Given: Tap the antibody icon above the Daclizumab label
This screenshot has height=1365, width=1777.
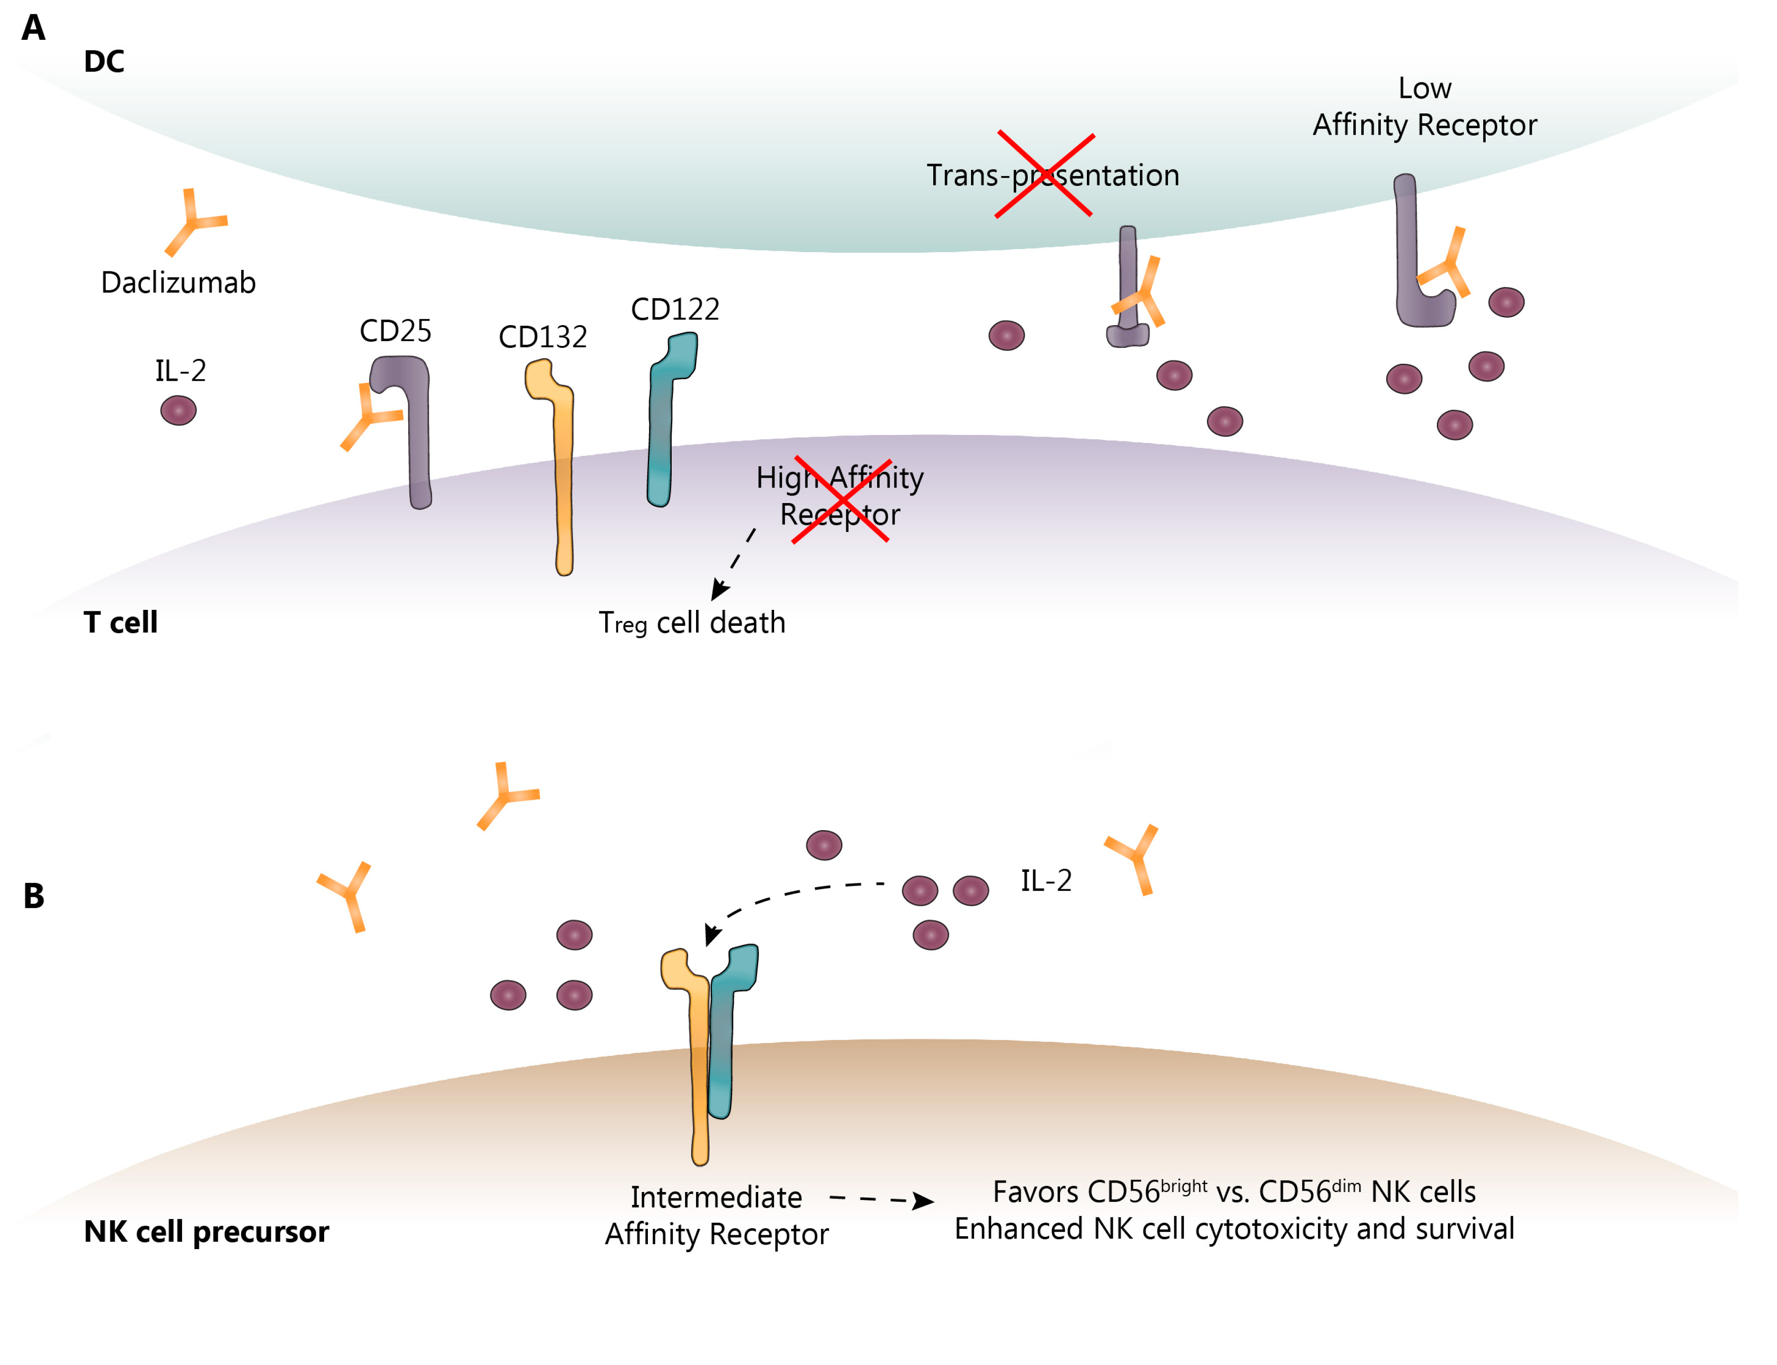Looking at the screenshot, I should click(x=193, y=221).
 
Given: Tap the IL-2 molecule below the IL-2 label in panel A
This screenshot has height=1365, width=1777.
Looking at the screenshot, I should click(x=178, y=410).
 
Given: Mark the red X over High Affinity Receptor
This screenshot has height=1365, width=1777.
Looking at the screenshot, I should click(x=841, y=500).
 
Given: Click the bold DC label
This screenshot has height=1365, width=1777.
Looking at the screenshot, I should click(x=104, y=62).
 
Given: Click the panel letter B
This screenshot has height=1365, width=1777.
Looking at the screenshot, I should click(x=33, y=896).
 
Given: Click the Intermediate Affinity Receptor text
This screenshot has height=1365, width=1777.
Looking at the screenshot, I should click(x=716, y=1215).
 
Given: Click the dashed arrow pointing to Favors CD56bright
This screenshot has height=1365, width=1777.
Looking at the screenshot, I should click(x=882, y=1199).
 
